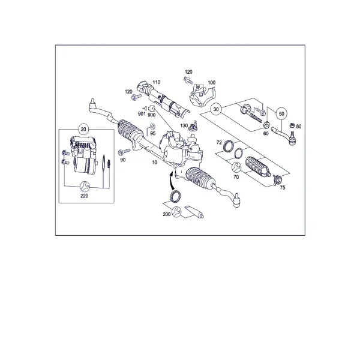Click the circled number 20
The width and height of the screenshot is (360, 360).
[x=83, y=129]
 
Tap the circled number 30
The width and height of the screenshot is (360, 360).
[x=216, y=109]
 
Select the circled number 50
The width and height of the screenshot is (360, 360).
[x=281, y=113]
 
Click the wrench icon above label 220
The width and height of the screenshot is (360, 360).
[x=85, y=186]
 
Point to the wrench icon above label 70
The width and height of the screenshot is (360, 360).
[x=236, y=167]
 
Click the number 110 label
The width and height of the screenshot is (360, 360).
[x=157, y=82]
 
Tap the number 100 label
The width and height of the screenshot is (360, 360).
[x=211, y=82]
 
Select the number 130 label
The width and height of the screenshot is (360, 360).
[x=184, y=125]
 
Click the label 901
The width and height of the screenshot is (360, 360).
[x=142, y=113]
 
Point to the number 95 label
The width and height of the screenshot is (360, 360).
[x=152, y=133]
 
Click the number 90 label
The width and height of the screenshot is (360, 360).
[x=123, y=160]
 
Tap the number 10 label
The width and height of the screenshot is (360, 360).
[x=155, y=163]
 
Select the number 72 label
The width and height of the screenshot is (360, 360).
[x=219, y=143]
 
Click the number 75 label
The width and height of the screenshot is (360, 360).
[x=283, y=188]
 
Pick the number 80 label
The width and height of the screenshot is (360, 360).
[x=299, y=127]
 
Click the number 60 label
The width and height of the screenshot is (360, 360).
[x=266, y=133]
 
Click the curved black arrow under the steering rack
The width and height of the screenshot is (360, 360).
[x=171, y=181]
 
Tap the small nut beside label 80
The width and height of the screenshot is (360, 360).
[x=292, y=125]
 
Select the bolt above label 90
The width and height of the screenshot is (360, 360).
[x=124, y=152]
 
